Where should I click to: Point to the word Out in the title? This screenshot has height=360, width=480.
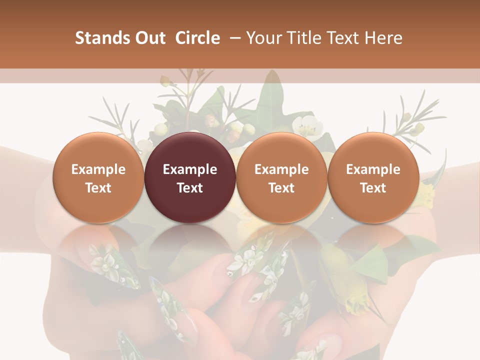pyautogui.click(x=149, y=38)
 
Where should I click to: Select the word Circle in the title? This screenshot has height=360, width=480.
pyautogui.click(x=197, y=38)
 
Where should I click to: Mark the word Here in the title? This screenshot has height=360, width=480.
pyautogui.click(x=383, y=38)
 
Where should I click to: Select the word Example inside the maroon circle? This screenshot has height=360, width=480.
pyautogui.click(x=190, y=169)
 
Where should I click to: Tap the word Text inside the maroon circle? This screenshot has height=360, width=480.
pyautogui.click(x=190, y=188)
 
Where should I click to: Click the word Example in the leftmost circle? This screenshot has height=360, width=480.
pyautogui.click(x=98, y=169)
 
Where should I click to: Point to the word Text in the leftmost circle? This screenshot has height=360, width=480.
pyautogui.click(x=98, y=188)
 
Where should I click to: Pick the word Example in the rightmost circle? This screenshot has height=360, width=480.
pyautogui.click(x=373, y=169)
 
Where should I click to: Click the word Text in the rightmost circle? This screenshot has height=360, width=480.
pyautogui.click(x=373, y=188)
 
